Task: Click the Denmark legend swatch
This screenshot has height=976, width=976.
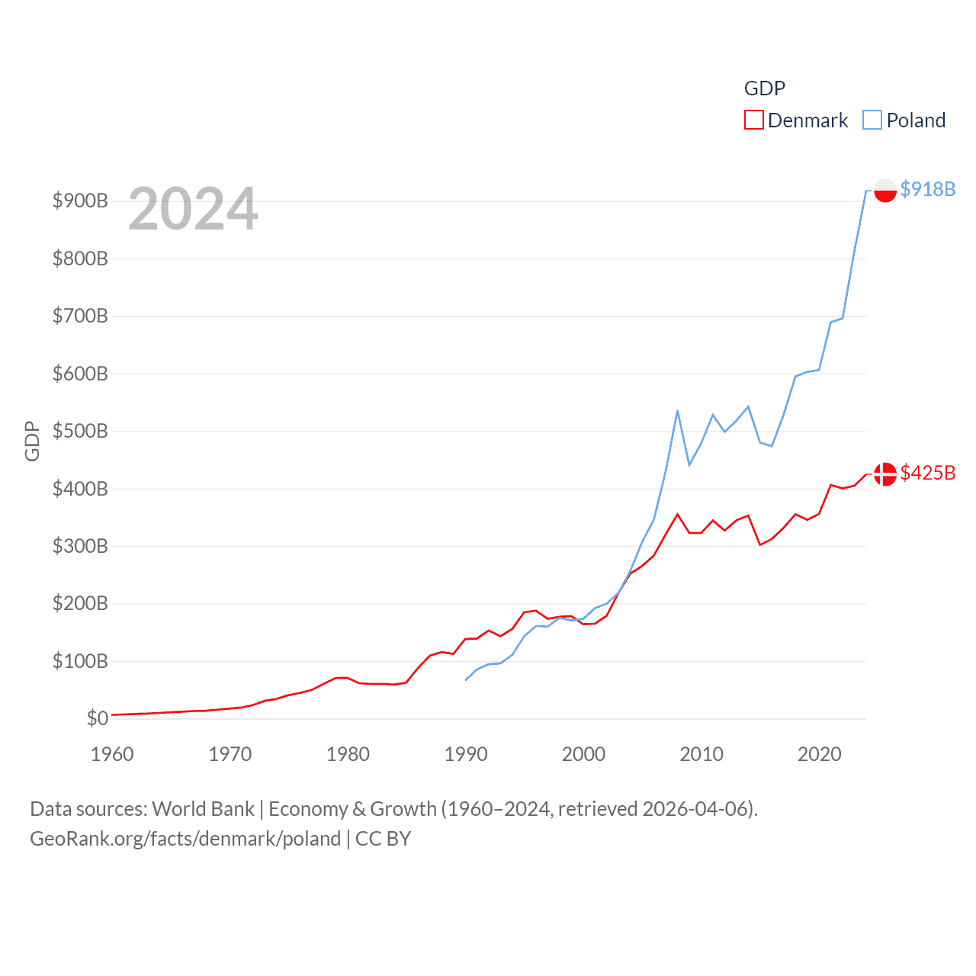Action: [x=753, y=120]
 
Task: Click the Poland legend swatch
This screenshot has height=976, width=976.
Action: [x=872, y=120]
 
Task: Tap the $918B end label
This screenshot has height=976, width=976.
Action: [x=927, y=189]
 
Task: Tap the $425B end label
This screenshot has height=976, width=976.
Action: [x=927, y=473]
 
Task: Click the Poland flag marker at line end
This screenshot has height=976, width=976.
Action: [x=885, y=190]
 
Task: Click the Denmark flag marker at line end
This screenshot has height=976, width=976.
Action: [x=885, y=474]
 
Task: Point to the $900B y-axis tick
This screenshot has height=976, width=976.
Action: [x=80, y=201]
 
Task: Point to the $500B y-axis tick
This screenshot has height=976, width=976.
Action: [x=80, y=432]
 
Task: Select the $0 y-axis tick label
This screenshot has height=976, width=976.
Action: [x=97, y=718]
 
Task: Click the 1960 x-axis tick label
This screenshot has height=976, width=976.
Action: [x=112, y=754]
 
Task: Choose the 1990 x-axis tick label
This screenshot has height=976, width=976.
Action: [x=466, y=754]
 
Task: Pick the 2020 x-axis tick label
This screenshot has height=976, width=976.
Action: [x=819, y=754]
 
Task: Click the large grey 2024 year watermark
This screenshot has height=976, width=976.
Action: [x=193, y=209]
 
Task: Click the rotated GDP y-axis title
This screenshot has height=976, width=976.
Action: [x=32, y=441]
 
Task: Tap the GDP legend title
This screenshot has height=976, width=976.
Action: [x=764, y=88]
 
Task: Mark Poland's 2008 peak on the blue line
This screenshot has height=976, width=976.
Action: [x=677, y=411]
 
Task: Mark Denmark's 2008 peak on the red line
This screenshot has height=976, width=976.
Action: [x=677, y=514]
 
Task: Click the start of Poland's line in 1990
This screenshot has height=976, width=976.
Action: [x=466, y=679]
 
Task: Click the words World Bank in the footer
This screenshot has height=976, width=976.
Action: [x=203, y=808]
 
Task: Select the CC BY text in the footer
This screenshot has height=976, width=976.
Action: [x=383, y=839]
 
